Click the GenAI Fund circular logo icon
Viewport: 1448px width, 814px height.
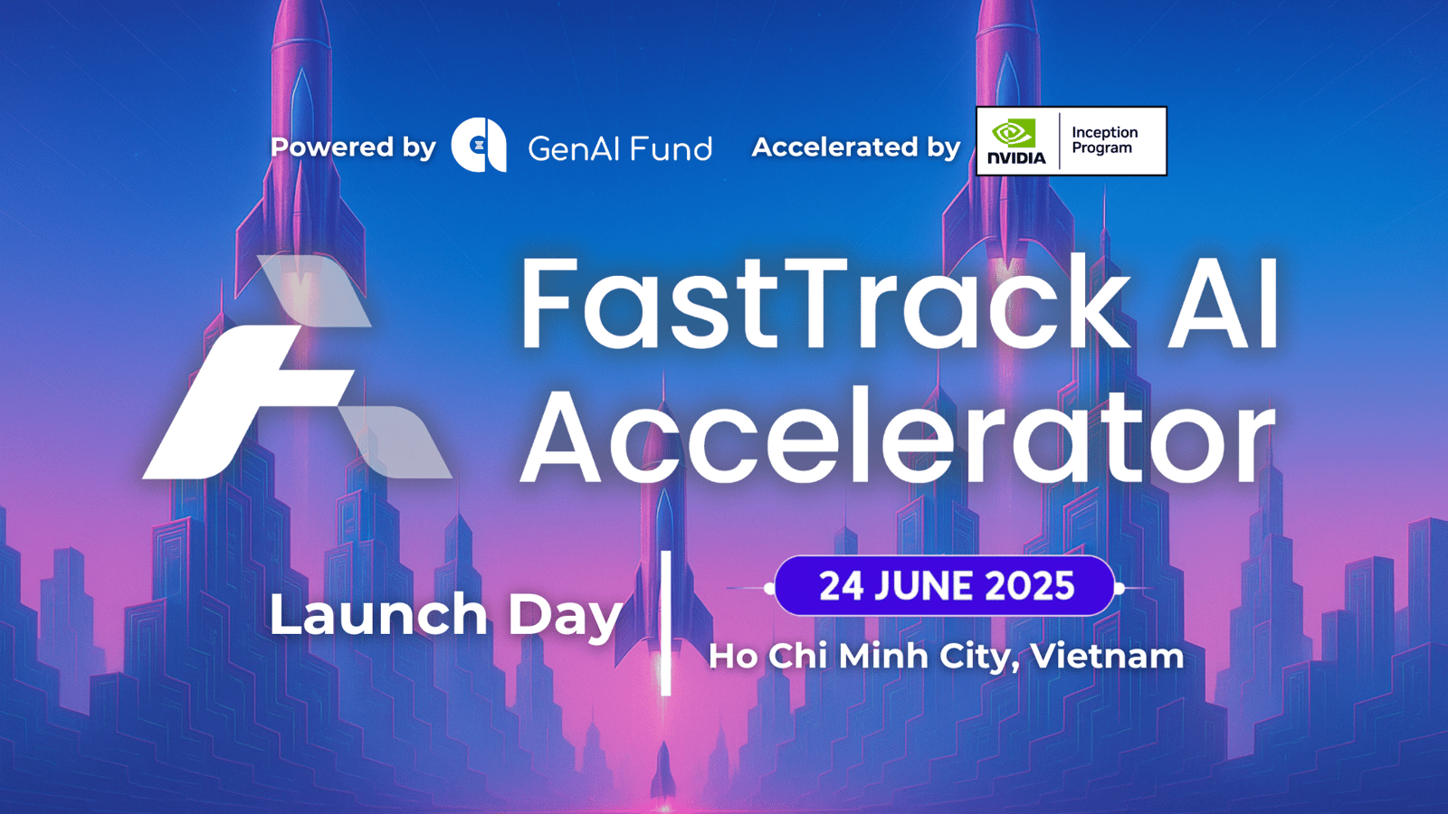pyautogui.click(x=479, y=146)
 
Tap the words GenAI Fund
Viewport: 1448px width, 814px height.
pyautogui.click(x=620, y=148)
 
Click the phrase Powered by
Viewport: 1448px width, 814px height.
pyautogui.click(x=353, y=147)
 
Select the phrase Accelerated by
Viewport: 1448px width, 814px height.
pyautogui.click(x=856, y=147)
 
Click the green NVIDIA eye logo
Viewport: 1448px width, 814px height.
pyautogui.click(x=1014, y=133)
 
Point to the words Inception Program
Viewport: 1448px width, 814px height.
pyautogui.click(x=1105, y=140)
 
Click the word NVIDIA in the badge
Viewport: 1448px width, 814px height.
pyautogui.click(x=1016, y=157)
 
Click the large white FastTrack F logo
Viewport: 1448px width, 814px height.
pyautogui.click(x=297, y=367)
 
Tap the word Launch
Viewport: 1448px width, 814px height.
pyautogui.click(x=378, y=614)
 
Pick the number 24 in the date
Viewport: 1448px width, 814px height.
pyautogui.click(x=842, y=586)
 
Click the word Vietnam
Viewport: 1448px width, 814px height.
pyautogui.click(x=1107, y=656)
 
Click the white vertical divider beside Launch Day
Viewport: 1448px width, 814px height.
pyautogui.click(x=666, y=623)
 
